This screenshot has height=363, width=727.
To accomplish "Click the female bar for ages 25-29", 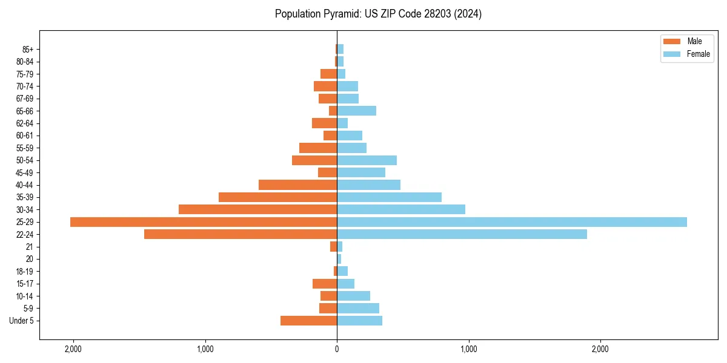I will pos(512,222).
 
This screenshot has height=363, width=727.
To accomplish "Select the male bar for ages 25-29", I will pos(204,222).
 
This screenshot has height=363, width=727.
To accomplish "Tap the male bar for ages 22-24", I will pos(241,234).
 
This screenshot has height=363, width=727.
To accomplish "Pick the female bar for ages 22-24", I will pos(462,234).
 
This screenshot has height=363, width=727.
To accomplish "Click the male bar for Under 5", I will pos(308,321).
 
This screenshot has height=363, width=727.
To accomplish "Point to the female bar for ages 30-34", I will pos(401,209).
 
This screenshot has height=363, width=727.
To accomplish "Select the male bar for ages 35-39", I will pos(277,197).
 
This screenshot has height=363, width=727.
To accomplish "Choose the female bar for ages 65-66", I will pos(356,111).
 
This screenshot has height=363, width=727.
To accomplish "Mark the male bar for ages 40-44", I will pos(297,185).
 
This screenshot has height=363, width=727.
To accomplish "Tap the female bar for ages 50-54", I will pos(367,160).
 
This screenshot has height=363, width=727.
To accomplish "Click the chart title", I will pos(378,14).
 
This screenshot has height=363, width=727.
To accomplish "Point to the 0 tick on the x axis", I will pos(337,349).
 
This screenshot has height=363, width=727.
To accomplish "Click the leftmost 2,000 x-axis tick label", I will pos(73,349).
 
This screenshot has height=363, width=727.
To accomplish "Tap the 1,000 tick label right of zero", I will pos(468,349).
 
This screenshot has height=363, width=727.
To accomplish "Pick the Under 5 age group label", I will pos(22,321).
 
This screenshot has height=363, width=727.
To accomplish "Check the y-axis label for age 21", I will pos(30,247).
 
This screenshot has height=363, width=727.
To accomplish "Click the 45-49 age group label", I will pos(25,172).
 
